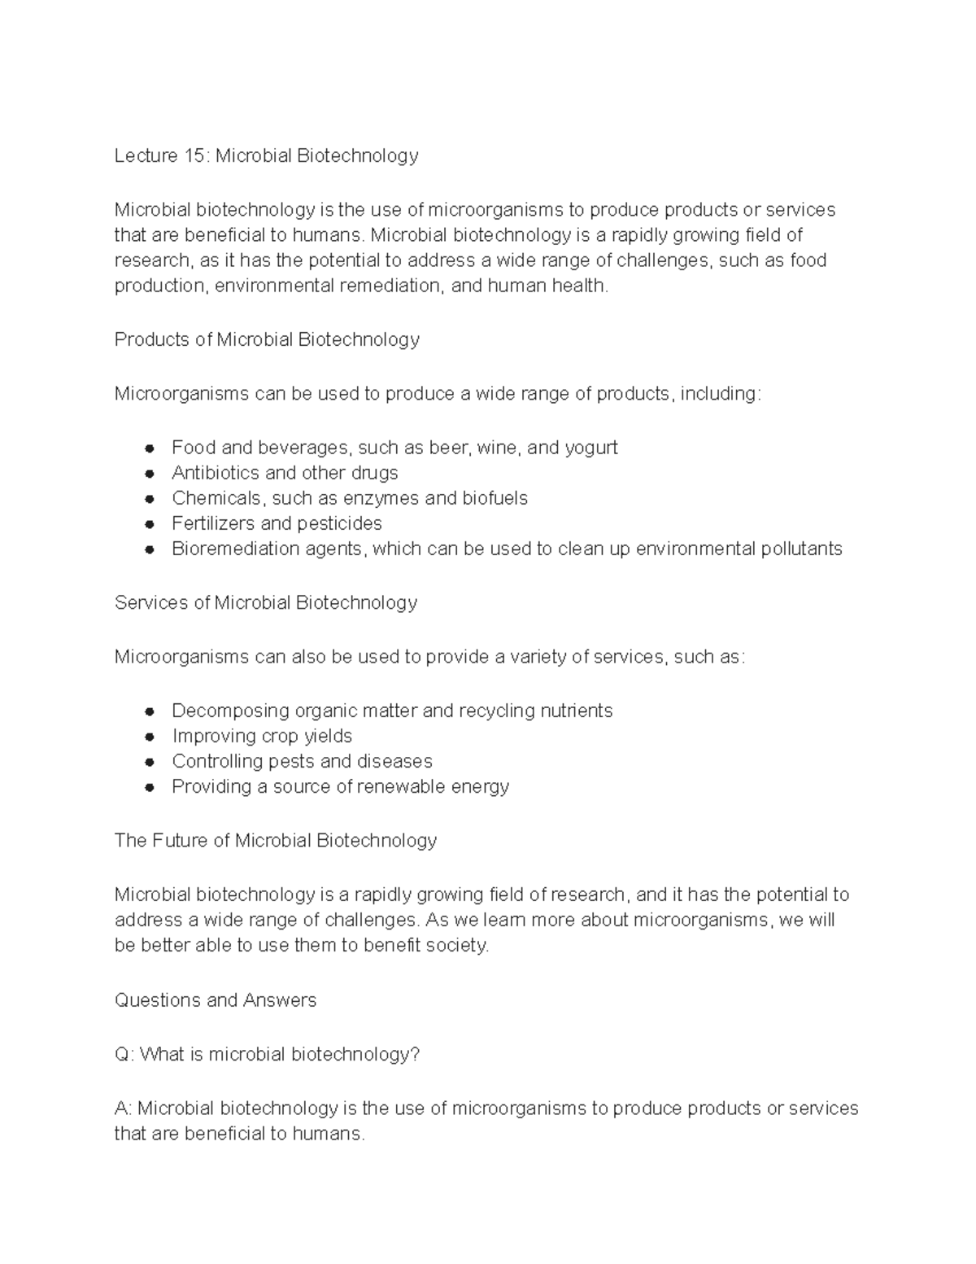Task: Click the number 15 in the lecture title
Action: [196, 155]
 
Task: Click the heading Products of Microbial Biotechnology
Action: [267, 339]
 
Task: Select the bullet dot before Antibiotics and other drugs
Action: [150, 474]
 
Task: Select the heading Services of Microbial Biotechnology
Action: [266, 602]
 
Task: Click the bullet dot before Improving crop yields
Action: [150, 737]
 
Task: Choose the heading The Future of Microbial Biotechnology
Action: [276, 840]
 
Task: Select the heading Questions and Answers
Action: [216, 999]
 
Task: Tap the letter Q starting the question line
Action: [123, 1054]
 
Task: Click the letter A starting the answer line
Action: [122, 1108]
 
